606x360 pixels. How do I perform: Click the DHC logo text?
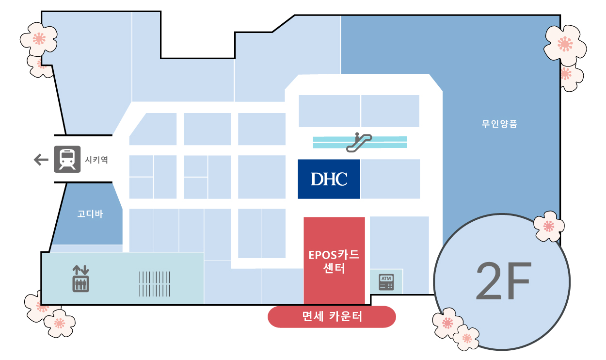(x=329, y=179)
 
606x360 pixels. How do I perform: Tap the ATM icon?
(x=386, y=282)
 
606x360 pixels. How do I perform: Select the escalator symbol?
(x=359, y=142)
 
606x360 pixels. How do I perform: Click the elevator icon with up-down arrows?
(x=80, y=278)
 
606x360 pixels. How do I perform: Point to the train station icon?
(x=67, y=159)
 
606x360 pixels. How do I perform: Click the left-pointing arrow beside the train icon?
(x=41, y=160)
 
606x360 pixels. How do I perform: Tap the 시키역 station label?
(x=96, y=160)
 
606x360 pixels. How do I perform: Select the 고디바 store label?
(x=90, y=214)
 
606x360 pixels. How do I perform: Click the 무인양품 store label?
(x=499, y=124)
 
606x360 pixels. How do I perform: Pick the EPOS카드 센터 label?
(x=334, y=262)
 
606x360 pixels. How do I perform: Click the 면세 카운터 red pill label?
(x=332, y=316)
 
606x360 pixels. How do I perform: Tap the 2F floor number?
(x=504, y=281)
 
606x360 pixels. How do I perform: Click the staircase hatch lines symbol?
(x=155, y=284)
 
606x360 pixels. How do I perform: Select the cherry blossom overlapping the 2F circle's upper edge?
(x=549, y=226)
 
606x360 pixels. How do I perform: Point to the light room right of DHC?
(x=390, y=179)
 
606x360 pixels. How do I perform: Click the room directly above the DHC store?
(x=329, y=111)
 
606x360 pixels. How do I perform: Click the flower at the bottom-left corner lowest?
(x=60, y=323)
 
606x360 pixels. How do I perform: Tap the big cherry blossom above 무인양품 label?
(x=565, y=45)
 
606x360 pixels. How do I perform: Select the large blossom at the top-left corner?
(x=39, y=39)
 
